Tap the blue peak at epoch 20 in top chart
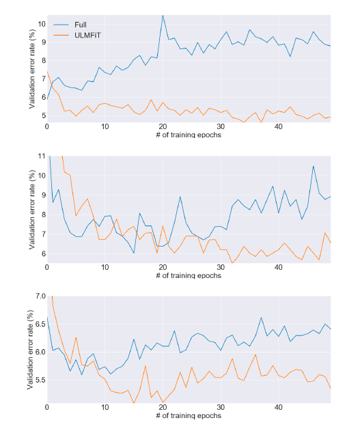pos(163,15)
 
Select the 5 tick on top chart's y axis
pos(42,115)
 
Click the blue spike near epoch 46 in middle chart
pos(314,166)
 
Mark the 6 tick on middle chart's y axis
pos(42,253)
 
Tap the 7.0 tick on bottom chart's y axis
pos(38,296)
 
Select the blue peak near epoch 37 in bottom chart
pos(261,318)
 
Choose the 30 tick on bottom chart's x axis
pos(221,408)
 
